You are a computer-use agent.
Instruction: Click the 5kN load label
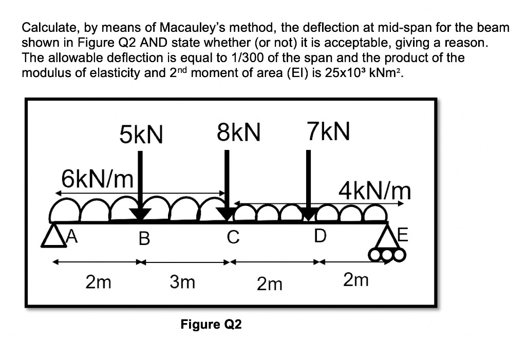click(141, 134)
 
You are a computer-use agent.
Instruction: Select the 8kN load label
click(238, 132)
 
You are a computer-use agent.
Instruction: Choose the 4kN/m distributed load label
click(374, 191)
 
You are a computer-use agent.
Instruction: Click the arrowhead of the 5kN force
click(140, 214)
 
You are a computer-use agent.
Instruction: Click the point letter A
click(72, 237)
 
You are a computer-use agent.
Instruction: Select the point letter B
click(144, 239)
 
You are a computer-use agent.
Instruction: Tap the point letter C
click(233, 237)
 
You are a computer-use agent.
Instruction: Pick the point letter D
click(320, 236)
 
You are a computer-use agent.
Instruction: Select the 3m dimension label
click(182, 281)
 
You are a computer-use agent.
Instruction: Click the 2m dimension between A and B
click(98, 281)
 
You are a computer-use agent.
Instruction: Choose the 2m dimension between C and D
click(270, 284)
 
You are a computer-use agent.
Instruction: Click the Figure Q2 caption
click(211, 325)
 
